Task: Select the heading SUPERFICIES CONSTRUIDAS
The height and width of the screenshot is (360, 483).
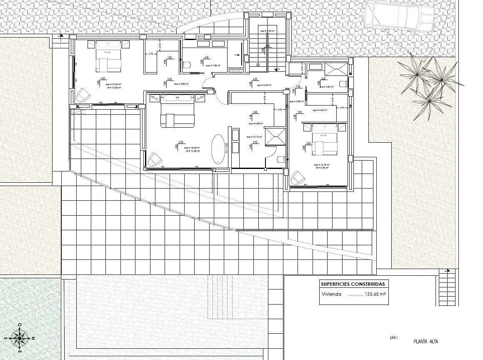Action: pyautogui.click(x=353, y=284)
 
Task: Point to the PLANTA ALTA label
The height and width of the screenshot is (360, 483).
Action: pyautogui.click(x=425, y=341)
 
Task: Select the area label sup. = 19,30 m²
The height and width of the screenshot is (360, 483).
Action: pyautogui.click(x=192, y=148)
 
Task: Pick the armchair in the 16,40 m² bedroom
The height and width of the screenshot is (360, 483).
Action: pyautogui.click(x=82, y=95)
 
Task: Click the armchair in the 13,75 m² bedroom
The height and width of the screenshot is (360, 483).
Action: pyautogui.click(x=298, y=178)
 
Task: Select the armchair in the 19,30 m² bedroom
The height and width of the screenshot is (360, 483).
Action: pyautogui.click(x=155, y=159)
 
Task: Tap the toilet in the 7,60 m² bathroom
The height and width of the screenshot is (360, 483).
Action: pyautogui.click(x=186, y=64)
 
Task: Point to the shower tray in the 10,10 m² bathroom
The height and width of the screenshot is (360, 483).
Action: pyautogui.click(x=275, y=136)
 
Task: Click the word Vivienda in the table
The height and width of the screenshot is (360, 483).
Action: pyautogui.click(x=331, y=294)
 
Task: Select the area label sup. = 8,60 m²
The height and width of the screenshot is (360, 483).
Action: pyautogui.click(x=182, y=84)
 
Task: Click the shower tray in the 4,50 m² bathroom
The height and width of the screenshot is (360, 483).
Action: pyautogui.click(x=337, y=68)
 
